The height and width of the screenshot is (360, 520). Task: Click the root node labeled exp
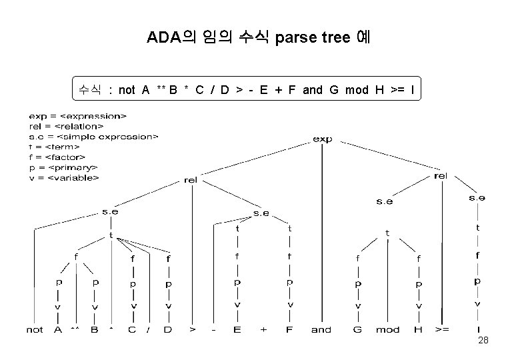[x=323, y=139]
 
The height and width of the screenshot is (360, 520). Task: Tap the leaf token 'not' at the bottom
[x=35, y=329]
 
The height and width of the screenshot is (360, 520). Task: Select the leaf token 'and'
[x=321, y=329]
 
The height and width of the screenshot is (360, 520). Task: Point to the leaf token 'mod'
[x=387, y=329]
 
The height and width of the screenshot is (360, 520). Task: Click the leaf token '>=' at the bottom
[x=442, y=329]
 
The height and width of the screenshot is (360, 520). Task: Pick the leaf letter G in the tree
[x=357, y=329]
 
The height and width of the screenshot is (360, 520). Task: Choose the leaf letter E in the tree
[x=237, y=329]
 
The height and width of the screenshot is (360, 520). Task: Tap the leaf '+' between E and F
[x=264, y=329]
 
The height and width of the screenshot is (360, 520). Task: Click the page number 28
[x=484, y=341]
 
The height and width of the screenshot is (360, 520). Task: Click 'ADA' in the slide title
[x=164, y=37]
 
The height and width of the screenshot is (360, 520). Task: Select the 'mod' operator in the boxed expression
[x=356, y=90]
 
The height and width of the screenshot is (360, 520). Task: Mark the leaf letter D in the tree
[x=169, y=329]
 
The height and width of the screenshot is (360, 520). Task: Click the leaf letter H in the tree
[x=418, y=329]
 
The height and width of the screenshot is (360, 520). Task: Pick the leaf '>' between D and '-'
[x=192, y=329]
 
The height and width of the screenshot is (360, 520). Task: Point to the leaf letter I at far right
[x=477, y=329]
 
